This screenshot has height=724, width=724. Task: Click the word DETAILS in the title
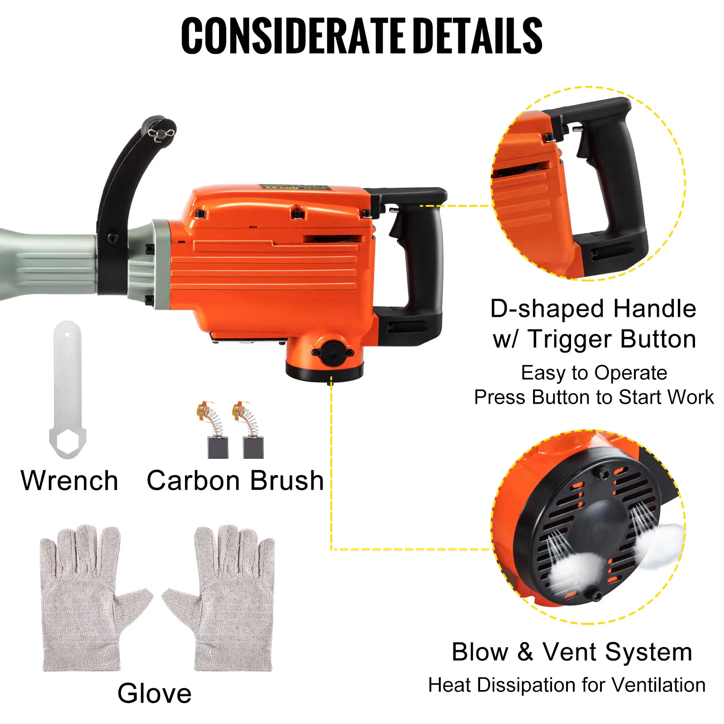[x=478, y=36]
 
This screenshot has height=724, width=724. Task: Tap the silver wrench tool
[x=67, y=390]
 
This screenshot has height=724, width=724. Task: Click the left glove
[x=95, y=597]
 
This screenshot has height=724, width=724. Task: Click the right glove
[x=219, y=597]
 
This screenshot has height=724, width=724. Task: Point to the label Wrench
[x=70, y=481]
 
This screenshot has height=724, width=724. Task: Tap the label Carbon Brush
[x=235, y=481]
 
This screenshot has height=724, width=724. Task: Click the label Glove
[x=155, y=693]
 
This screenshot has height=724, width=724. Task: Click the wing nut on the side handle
[x=162, y=134]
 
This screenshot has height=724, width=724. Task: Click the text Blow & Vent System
[x=572, y=652]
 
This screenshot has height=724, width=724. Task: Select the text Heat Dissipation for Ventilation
[x=567, y=685]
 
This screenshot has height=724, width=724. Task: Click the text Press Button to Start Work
[x=594, y=397]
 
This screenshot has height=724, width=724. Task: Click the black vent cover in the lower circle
[x=588, y=527]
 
